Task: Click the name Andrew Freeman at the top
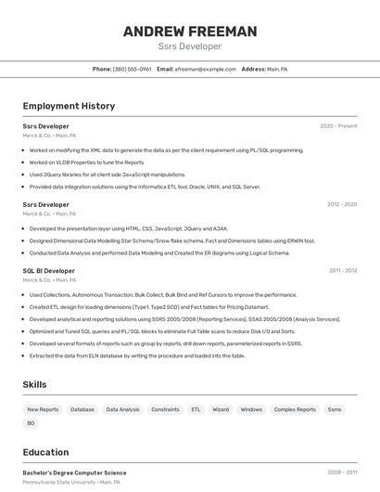coord(190,32)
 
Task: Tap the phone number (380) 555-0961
coord(132,69)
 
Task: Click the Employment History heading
coord(69,106)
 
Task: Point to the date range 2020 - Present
coord(338,125)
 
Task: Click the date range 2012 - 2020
coord(341,204)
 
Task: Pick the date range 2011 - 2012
coord(342,270)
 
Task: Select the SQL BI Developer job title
coord(49,270)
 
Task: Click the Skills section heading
coord(35,384)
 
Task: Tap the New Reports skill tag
coord(43,408)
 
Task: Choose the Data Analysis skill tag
coord(122,408)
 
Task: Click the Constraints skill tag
coord(165,408)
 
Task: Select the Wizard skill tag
coord(221,408)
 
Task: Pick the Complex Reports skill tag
coord(294,408)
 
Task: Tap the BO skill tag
coord(31,423)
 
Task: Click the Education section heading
coord(46,452)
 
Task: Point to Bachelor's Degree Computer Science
coord(74,473)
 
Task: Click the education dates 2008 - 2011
coord(342,473)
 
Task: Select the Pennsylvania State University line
coord(71,483)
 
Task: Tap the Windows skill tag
coord(251,408)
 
